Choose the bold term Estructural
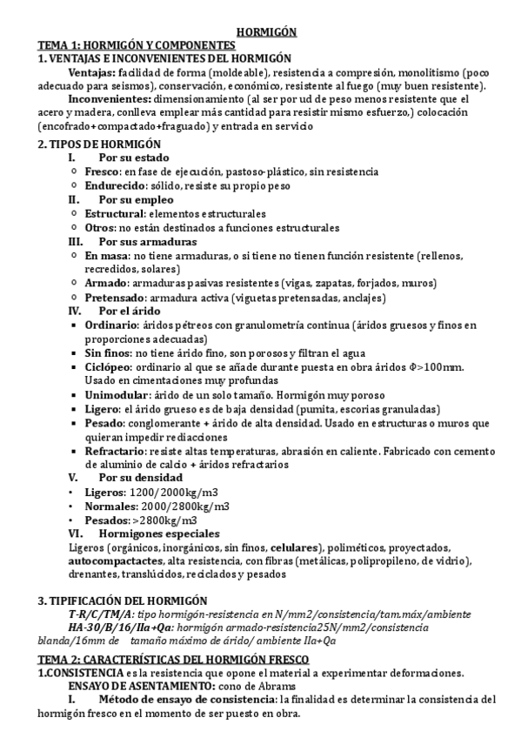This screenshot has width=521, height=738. (x=115, y=213)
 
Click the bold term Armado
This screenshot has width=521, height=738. (x=105, y=283)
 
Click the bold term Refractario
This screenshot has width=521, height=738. (x=117, y=451)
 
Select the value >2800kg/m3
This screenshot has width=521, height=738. (x=159, y=520)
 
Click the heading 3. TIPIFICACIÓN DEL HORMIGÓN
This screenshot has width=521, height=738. (x=123, y=600)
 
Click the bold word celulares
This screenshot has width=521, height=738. (x=294, y=547)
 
